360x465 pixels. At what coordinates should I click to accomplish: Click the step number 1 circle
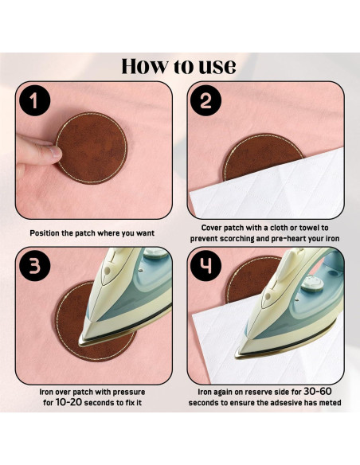coord(35,100)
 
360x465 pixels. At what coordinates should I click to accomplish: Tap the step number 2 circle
coord(205,100)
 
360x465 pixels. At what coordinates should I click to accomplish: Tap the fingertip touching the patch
coord(56,152)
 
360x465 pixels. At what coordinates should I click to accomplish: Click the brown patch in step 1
coord(92,148)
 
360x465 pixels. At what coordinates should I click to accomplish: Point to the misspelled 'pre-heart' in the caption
coord(285,238)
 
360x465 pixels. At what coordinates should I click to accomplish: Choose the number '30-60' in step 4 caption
coord(318,392)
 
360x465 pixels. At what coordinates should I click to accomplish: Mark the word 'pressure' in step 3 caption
coord(131,392)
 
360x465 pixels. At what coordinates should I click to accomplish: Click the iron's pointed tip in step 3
coord(80,343)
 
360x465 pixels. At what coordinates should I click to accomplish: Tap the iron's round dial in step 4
coord(312,284)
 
